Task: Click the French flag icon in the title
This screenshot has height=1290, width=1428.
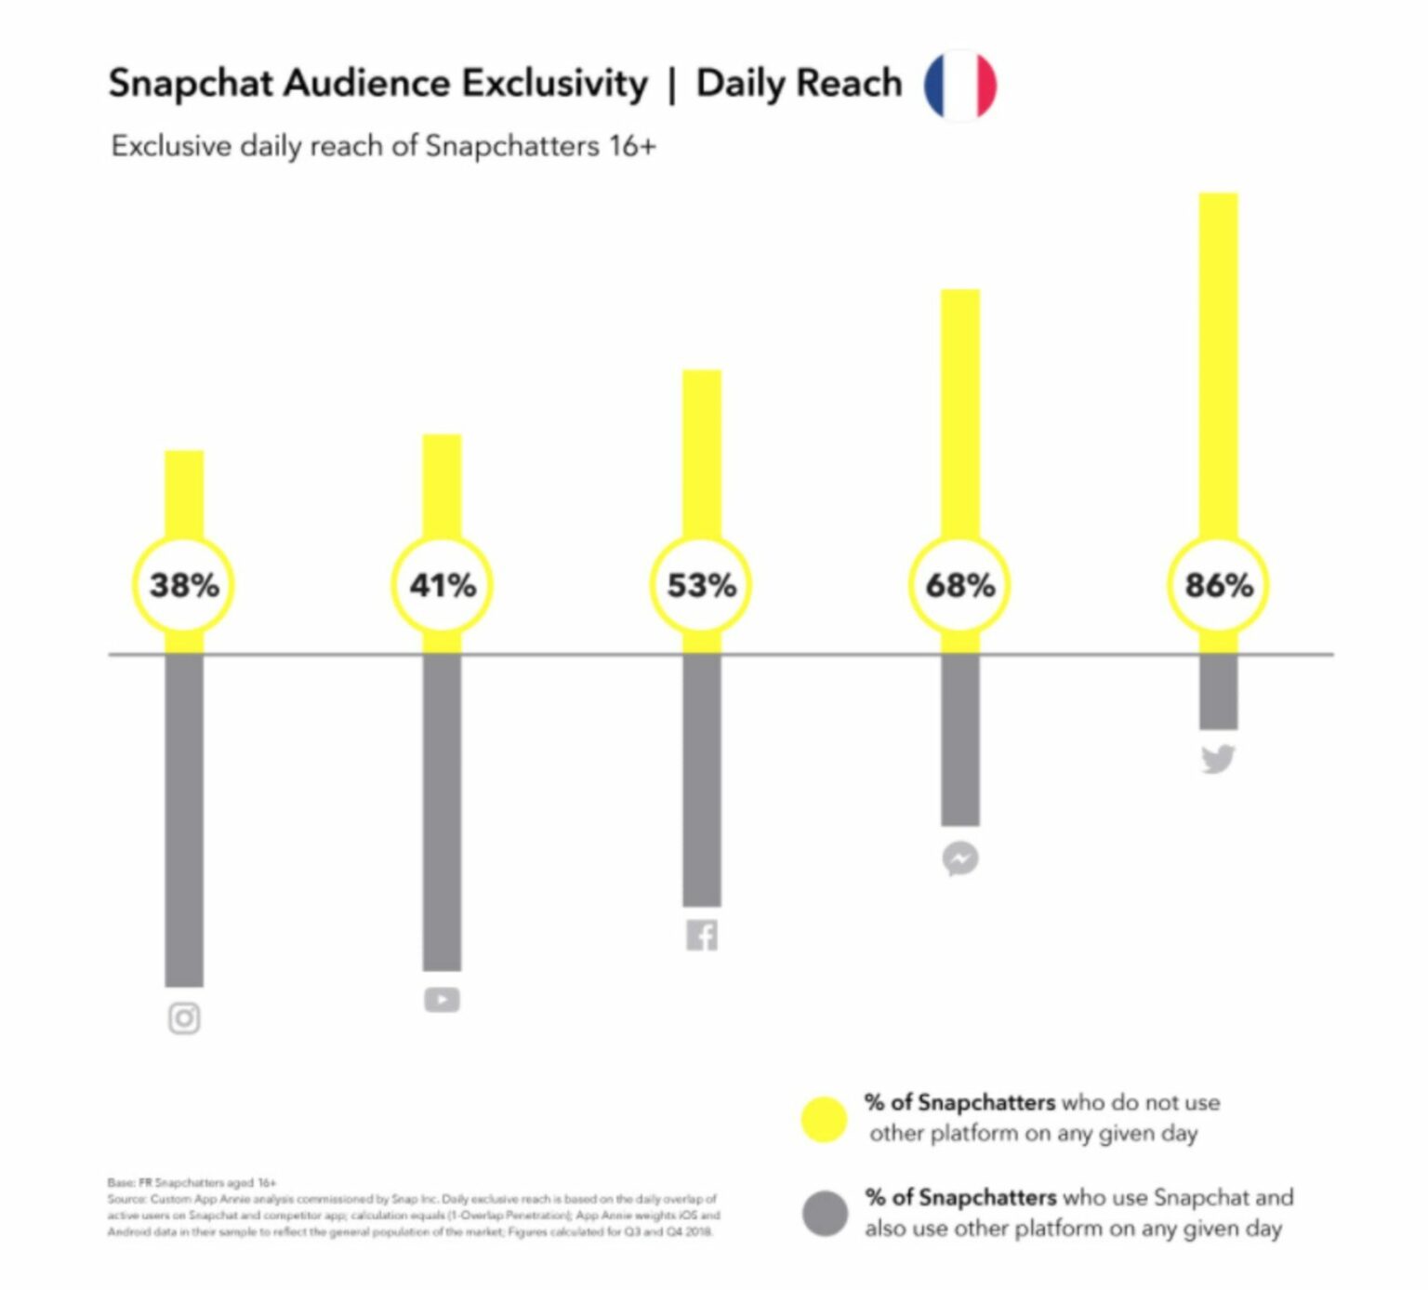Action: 959,85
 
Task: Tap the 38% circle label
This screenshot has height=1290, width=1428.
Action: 184,585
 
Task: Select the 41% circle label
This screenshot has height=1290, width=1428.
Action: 443,585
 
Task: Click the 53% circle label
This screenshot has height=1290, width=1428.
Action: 701,585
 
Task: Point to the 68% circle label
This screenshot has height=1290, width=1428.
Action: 959,585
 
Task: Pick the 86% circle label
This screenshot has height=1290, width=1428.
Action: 1218,585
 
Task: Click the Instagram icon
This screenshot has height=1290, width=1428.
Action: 184,1018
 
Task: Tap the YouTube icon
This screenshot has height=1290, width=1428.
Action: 442,1000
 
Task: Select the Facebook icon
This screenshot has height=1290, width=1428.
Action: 702,935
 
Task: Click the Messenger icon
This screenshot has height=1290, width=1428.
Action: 960,858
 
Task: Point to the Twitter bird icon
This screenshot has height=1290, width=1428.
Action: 1218,759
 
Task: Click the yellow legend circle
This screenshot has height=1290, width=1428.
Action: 824,1119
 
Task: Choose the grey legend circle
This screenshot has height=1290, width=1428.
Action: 825,1214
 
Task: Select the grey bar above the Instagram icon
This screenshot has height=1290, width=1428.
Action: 184,818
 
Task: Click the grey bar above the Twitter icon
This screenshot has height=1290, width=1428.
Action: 1218,692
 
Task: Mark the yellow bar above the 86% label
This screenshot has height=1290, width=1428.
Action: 1218,363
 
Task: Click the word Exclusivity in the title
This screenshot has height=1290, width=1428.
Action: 555,84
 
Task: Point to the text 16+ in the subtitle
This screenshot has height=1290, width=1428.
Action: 632,146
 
